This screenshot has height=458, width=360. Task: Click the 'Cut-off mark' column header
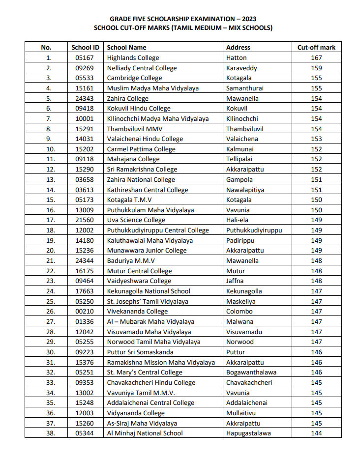tap(316, 48)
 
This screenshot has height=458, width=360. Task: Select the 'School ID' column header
tap(85, 48)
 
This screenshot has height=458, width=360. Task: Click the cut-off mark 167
tap(316, 58)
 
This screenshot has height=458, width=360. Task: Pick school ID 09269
tap(85, 68)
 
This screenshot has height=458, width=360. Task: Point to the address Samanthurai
tap(244, 88)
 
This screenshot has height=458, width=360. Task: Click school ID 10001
tap(85, 119)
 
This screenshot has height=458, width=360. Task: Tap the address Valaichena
tap(242, 139)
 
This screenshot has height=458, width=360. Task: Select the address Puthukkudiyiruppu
tap(254, 230)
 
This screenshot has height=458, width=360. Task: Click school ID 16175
tap(85, 271)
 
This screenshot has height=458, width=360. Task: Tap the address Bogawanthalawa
tap(251, 372)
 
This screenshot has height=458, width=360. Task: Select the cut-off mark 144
tap(316, 433)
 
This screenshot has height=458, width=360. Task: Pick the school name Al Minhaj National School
tap(145, 433)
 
